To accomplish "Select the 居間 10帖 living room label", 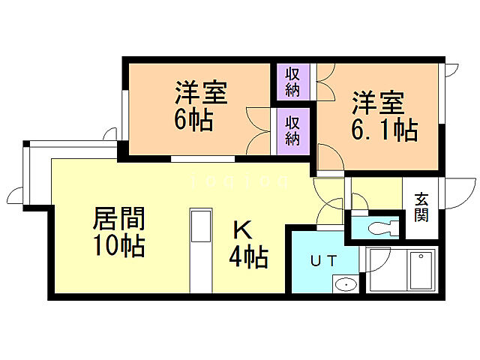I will [x=118, y=232].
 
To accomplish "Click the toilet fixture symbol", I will [x=379, y=226].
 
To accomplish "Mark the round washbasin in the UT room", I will [x=346, y=283].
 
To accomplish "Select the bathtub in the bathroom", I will [x=421, y=271].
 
